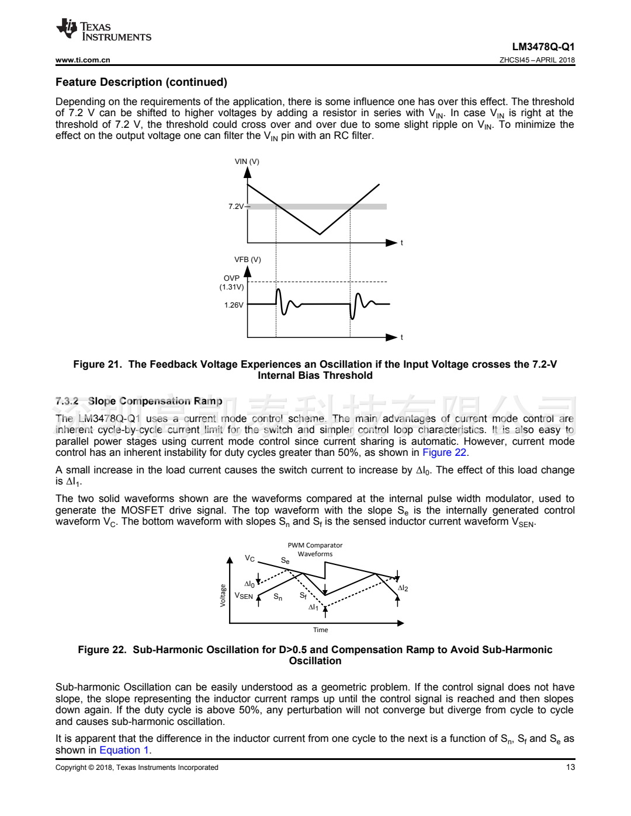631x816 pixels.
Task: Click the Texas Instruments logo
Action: pyautogui.click(x=103, y=30)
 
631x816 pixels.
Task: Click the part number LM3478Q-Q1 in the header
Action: pyautogui.click(x=543, y=47)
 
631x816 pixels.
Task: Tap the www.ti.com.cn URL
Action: pyautogui.click(x=82, y=60)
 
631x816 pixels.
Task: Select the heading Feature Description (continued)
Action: pyautogui.click(x=141, y=82)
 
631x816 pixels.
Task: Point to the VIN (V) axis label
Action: pyautogui.click(x=247, y=161)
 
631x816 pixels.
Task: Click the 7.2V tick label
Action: pyautogui.click(x=236, y=206)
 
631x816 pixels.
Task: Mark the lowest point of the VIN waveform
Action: pyautogui.click(x=320, y=234)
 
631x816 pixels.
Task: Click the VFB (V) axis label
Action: pyautogui.click(x=247, y=259)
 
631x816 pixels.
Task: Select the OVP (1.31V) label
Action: pyautogui.click(x=232, y=283)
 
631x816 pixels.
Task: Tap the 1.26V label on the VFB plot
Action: pyautogui.click(x=234, y=305)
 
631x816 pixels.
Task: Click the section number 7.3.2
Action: pyautogui.click(x=67, y=401)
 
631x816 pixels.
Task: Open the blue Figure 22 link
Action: pyautogui.click(x=444, y=452)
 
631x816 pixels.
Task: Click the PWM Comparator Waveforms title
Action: pyautogui.click(x=315, y=549)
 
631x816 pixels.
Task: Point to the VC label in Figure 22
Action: pyautogui.click(x=249, y=559)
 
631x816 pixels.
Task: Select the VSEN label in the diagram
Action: pyautogui.click(x=244, y=596)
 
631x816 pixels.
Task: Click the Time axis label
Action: pyautogui.click(x=320, y=630)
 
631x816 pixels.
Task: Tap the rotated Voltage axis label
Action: pyautogui.click(x=223, y=595)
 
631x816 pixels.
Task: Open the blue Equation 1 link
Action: pyautogui.click(x=124, y=750)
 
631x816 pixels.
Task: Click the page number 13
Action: pyautogui.click(x=570, y=767)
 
